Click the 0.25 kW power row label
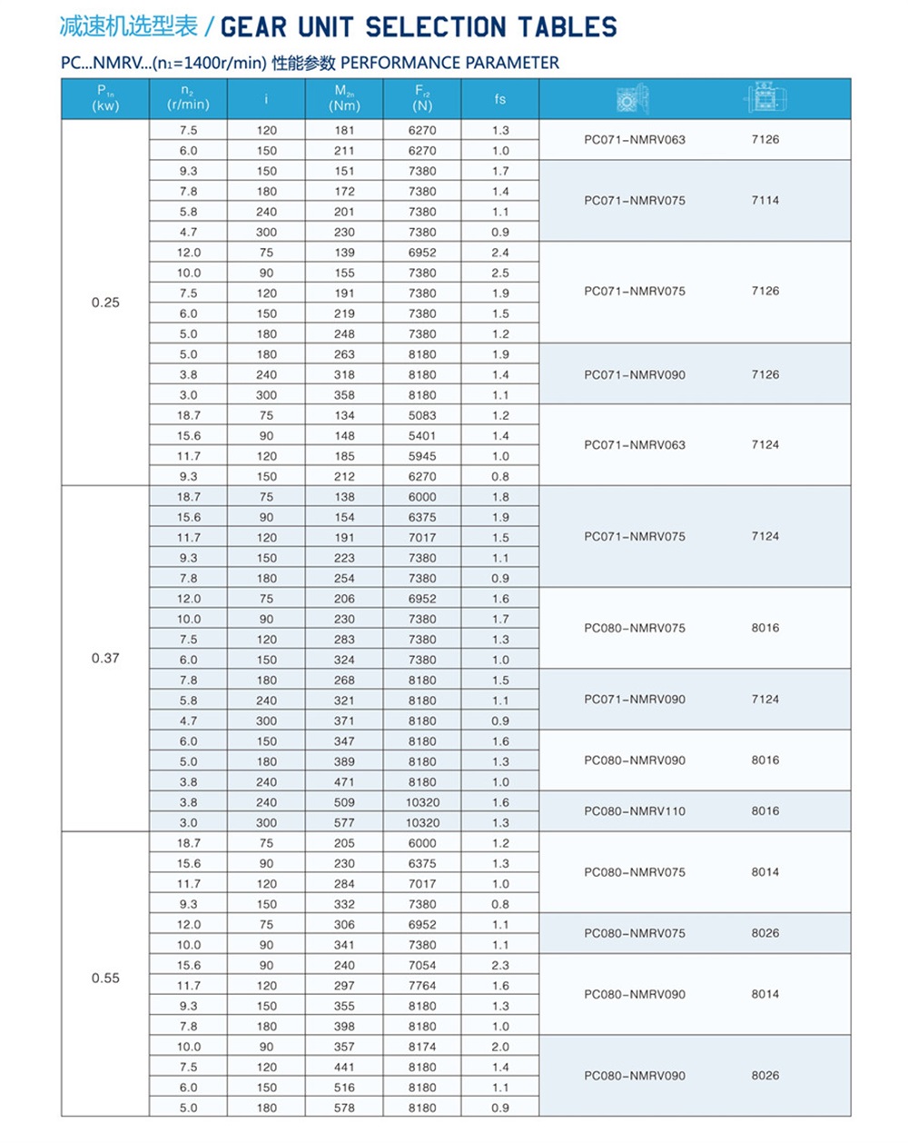point(105,303)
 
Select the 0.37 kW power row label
point(105,658)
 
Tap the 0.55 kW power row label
point(105,979)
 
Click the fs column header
point(500,99)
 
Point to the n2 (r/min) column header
point(188,98)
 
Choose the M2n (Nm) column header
point(344,98)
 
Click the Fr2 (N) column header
point(422,98)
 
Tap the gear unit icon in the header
point(632,98)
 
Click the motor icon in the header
point(765,98)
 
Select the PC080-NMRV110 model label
point(635,811)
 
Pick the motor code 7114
point(765,201)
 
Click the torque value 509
point(344,802)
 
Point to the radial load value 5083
point(422,415)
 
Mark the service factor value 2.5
point(500,273)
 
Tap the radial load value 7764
point(422,986)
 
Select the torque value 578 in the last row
point(344,1108)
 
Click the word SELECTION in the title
point(435,27)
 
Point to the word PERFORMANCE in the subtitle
point(400,63)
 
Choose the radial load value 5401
point(422,436)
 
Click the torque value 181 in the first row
point(344,131)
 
